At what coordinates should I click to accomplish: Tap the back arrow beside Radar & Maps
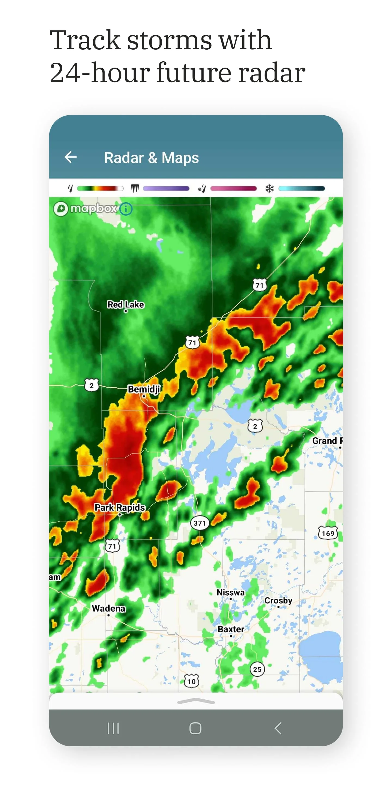71,157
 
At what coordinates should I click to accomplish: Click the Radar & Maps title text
151,158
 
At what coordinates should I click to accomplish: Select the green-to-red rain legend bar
100,189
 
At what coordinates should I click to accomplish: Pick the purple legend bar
166,189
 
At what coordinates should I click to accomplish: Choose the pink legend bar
234,189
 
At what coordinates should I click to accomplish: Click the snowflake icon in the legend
269,189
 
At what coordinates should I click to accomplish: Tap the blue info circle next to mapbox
126,209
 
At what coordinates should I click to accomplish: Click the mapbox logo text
93,209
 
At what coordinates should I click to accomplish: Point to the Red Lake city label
125,304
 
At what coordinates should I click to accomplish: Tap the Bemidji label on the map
144,389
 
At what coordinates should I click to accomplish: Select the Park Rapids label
120,507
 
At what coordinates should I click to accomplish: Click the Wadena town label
108,608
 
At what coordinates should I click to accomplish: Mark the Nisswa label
230,592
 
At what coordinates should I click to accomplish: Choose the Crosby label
278,600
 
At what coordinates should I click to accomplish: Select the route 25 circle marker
257,669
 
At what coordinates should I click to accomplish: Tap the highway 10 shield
191,681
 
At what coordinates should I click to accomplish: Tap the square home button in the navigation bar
195,728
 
